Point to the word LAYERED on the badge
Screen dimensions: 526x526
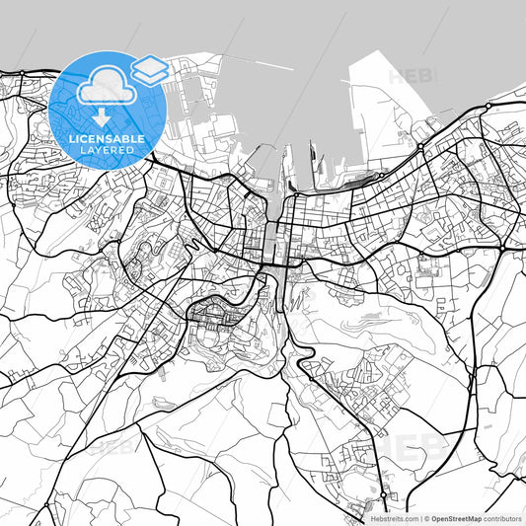tap(104, 152)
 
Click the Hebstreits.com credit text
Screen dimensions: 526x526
tap(394, 517)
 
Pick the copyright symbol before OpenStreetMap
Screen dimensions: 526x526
tap(426, 517)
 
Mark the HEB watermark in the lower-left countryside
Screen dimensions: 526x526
tap(111, 447)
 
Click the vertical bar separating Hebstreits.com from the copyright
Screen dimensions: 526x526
tap(419, 517)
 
